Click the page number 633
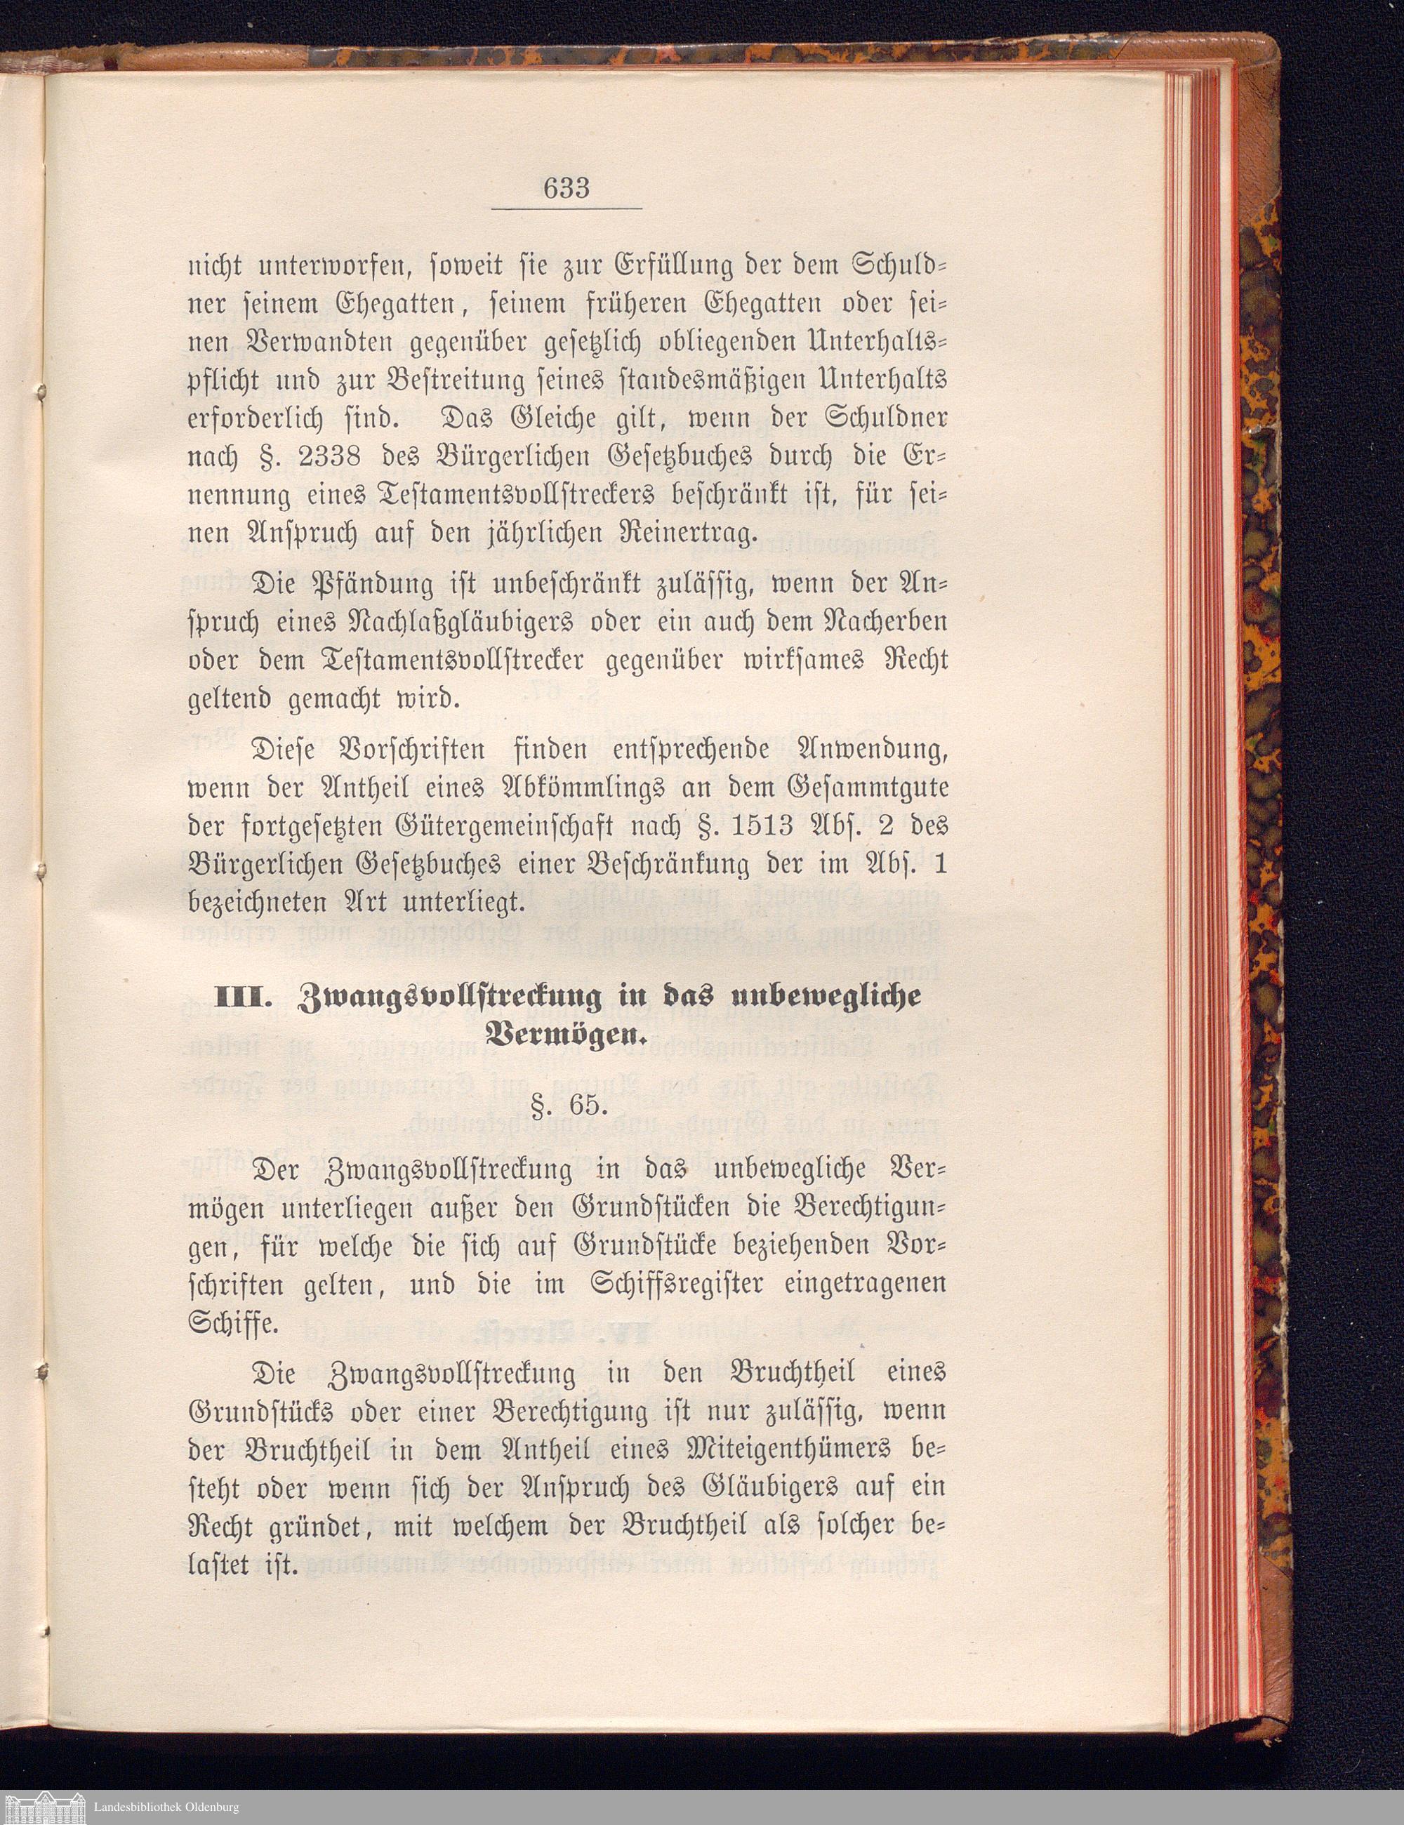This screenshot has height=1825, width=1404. pyautogui.click(x=566, y=188)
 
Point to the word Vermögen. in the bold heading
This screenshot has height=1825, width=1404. pyautogui.click(x=566, y=1036)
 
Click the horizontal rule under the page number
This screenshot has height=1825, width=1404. pyautogui.click(x=566, y=207)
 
